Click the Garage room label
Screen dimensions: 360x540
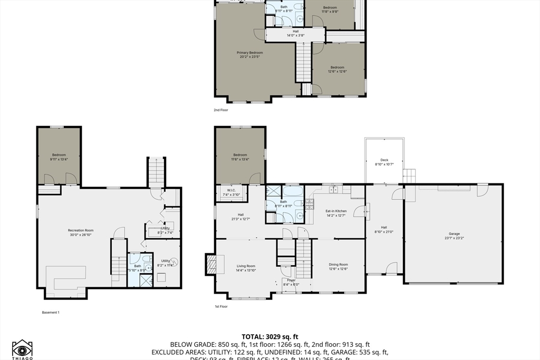click(x=454, y=236)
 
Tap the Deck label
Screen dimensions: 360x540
click(x=384, y=162)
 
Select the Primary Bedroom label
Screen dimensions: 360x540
click(x=249, y=55)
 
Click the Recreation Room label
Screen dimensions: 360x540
click(x=81, y=232)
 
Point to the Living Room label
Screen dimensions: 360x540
click(x=246, y=268)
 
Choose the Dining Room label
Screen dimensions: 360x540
click(x=338, y=266)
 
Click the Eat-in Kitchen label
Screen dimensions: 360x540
click(x=336, y=212)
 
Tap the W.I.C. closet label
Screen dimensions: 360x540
click(x=230, y=192)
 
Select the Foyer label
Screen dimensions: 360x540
click(x=292, y=282)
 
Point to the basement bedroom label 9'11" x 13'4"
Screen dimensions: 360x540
click(x=59, y=157)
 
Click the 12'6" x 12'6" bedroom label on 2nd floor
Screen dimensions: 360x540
click(x=337, y=69)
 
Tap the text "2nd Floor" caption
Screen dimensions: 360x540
click(x=220, y=111)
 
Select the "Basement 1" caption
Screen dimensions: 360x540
click(x=51, y=312)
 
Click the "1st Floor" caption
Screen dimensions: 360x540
click(x=221, y=306)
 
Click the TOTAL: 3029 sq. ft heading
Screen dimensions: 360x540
click(x=270, y=336)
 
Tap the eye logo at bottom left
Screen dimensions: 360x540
click(x=22, y=349)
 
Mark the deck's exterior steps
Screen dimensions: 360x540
click(x=410, y=176)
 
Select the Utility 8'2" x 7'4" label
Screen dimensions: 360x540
click(x=166, y=230)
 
